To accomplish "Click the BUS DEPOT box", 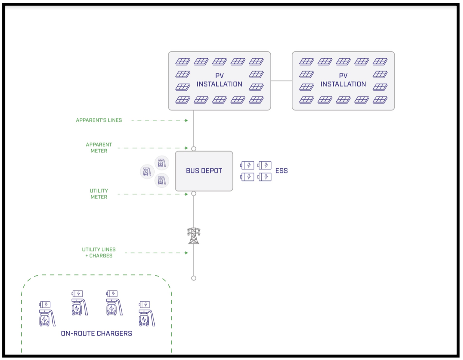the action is (204, 171).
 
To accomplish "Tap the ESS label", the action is (281, 171).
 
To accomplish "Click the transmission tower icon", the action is (194, 236).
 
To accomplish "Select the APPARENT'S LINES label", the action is (99, 120).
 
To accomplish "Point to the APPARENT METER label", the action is (99, 147).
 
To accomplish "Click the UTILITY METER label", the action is (99, 194).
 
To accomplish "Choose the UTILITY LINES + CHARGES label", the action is (99, 252).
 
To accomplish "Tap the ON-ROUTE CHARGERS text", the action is (97, 334).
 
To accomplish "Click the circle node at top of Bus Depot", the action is (194, 149).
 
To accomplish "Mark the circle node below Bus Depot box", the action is (194, 194).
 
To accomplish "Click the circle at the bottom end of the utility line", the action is (194, 278).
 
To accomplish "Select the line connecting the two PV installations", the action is (281, 81).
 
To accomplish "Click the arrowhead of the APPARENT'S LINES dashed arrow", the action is (186, 121).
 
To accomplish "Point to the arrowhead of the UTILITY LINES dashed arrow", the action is (186, 253).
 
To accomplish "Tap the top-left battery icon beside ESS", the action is (247, 165).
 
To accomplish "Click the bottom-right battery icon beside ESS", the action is (264, 177).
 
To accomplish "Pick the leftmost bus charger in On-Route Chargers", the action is (47, 314).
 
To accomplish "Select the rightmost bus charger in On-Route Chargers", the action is (147, 314).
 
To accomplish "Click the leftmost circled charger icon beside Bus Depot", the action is (147, 171).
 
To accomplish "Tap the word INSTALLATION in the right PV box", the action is (343, 84).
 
